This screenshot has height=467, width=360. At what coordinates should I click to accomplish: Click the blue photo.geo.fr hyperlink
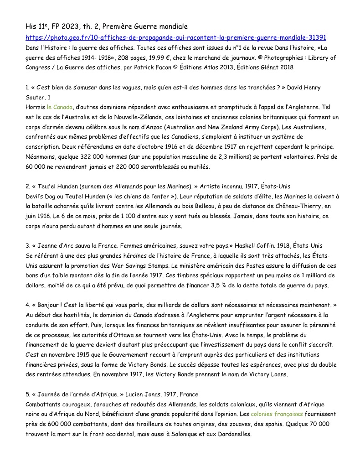click(176, 37)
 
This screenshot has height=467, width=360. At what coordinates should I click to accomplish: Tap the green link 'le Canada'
click(59, 107)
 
